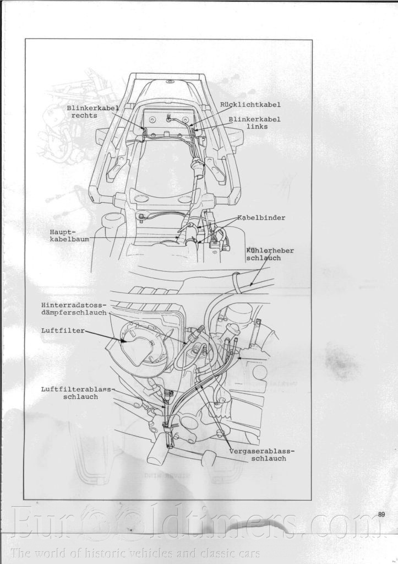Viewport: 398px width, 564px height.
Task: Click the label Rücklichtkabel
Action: [x=250, y=104]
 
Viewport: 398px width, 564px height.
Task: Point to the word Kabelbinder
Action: [x=261, y=218]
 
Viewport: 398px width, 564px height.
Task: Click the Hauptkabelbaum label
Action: [x=69, y=236]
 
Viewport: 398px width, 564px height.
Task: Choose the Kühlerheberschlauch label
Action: [x=270, y=254]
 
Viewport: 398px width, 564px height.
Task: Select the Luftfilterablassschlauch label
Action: [x=77, y=393]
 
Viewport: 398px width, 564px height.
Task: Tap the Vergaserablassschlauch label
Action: [x=261, y=454]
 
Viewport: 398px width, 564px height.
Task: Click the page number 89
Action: [x=381, y=514]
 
